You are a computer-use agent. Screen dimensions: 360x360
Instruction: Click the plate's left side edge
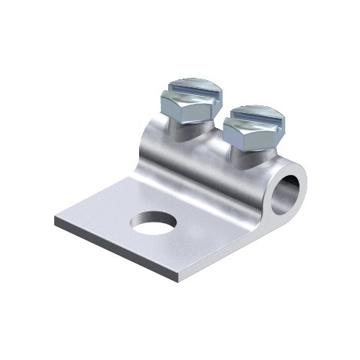coord(86,198)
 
